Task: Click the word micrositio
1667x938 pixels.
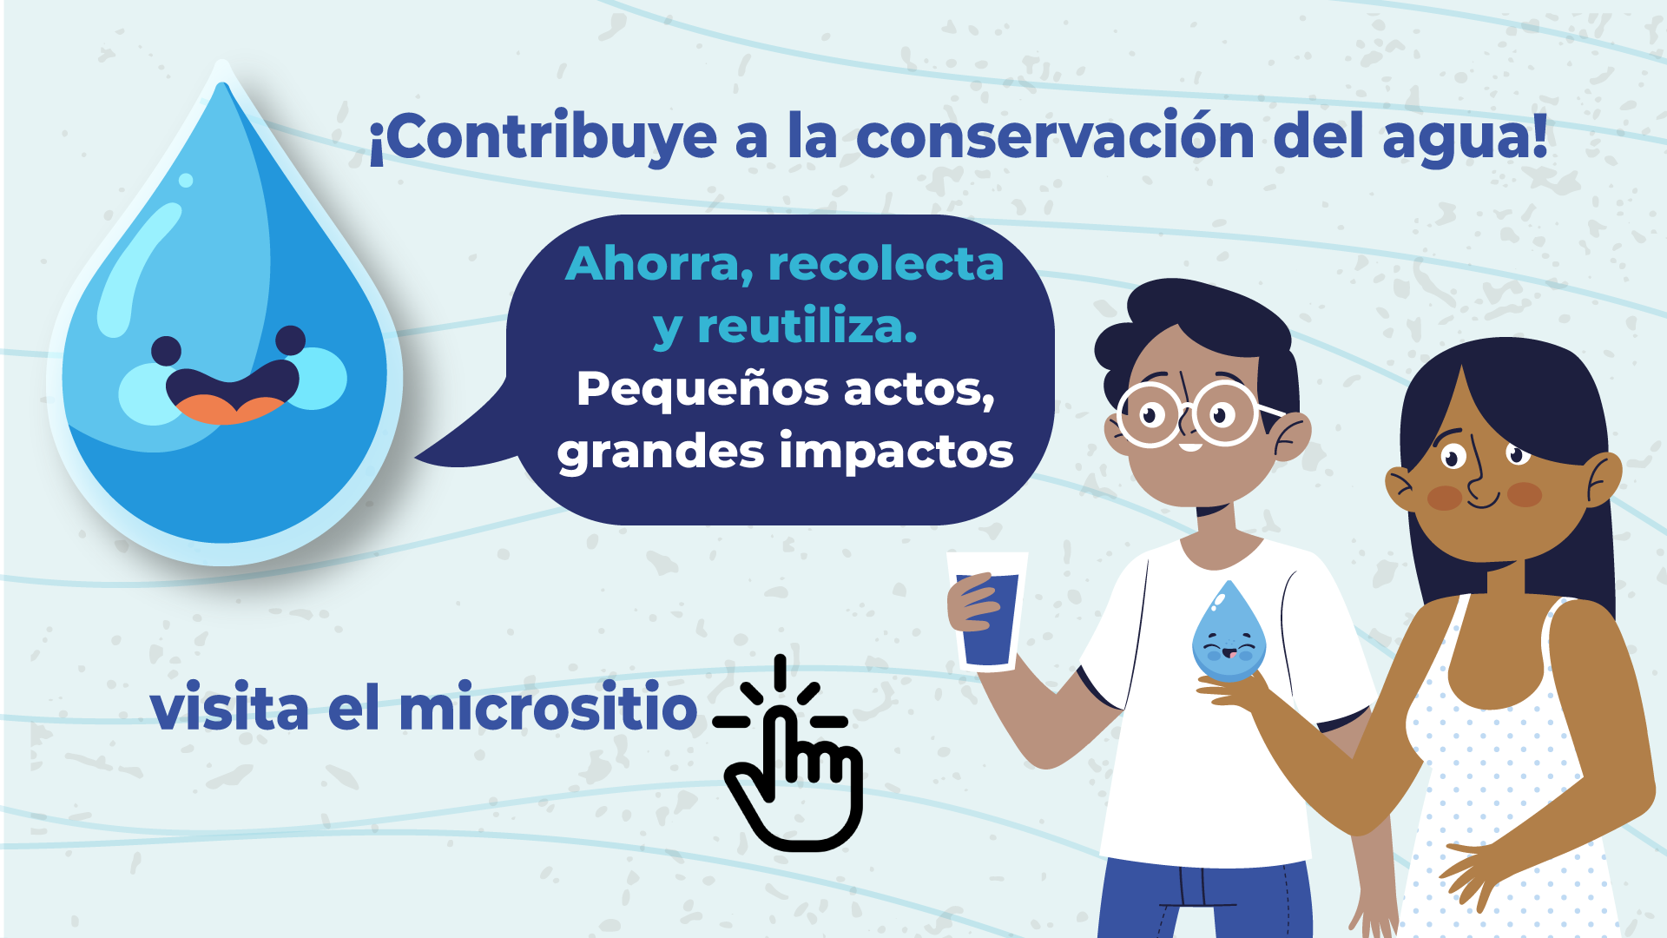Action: tap(548, 708)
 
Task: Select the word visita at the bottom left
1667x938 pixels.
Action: tap(229, 708)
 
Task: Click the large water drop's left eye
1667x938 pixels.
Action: tap(166, 351)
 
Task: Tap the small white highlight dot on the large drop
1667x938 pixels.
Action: tap(186, 181)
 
